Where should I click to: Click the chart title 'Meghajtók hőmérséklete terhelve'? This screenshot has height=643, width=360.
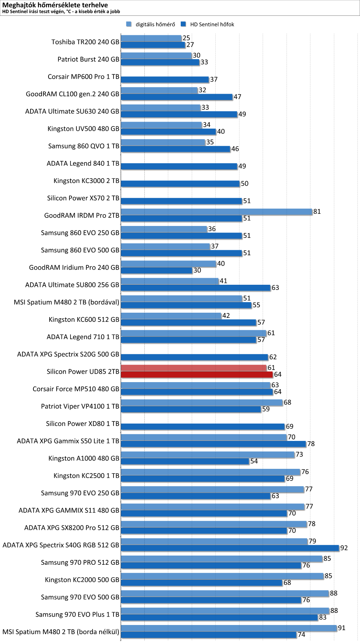55,5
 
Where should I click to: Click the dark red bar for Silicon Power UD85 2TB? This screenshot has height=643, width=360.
197,374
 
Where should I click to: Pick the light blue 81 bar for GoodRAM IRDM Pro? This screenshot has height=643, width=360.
217,212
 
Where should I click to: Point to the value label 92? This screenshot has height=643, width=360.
344,548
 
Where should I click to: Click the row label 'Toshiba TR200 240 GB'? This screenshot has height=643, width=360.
85,42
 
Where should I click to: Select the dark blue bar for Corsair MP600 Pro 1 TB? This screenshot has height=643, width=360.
165,79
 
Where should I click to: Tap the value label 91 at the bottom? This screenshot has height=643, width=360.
342,628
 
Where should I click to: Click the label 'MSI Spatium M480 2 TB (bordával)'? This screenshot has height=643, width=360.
66,302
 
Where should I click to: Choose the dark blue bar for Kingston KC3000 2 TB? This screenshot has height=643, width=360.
180,183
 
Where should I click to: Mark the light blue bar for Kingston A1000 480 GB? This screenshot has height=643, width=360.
208,455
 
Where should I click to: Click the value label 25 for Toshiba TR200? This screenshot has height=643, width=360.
186,38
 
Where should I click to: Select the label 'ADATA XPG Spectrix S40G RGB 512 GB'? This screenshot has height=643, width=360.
61,545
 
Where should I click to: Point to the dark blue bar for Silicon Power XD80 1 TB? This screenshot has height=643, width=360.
203,427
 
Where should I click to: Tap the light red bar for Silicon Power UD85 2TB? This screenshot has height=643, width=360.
194,368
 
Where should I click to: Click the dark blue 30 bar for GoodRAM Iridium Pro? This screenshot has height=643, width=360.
156,270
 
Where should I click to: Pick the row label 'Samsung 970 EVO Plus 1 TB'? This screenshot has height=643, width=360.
77,614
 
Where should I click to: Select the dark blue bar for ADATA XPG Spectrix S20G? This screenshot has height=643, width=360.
194,357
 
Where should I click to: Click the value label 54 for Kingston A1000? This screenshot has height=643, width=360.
254,461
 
